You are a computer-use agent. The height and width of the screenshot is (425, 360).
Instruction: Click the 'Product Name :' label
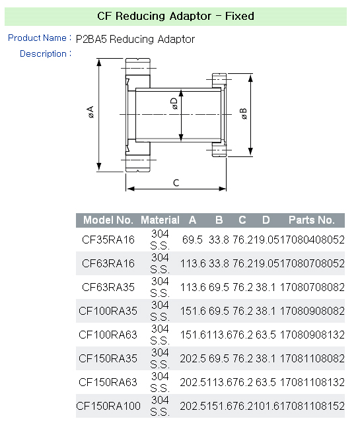coord(39,38)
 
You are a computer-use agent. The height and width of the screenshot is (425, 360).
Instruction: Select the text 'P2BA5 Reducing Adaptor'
coord(135,40)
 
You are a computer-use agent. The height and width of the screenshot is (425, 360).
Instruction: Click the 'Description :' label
coord(45,53)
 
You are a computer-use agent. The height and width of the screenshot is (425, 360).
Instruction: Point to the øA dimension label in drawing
coord(90,113)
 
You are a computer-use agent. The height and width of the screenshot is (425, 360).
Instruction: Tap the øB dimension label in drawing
coord(244,113)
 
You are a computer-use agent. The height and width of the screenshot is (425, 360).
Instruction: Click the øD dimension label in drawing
coord(174,104)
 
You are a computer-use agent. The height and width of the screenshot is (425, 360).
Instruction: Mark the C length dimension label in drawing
coord(176,183)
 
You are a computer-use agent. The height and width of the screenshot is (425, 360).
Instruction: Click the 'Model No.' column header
coord(108,220)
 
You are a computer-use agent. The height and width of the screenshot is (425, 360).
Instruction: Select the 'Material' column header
coord(160,220)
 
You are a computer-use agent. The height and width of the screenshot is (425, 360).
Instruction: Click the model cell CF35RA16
coord(108,240)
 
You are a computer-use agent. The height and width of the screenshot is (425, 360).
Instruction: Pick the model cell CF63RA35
coord(108,287)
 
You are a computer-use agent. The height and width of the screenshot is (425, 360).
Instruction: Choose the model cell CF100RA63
coord(108,335)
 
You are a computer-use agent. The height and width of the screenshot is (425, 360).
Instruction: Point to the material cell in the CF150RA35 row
coord(160,358)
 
